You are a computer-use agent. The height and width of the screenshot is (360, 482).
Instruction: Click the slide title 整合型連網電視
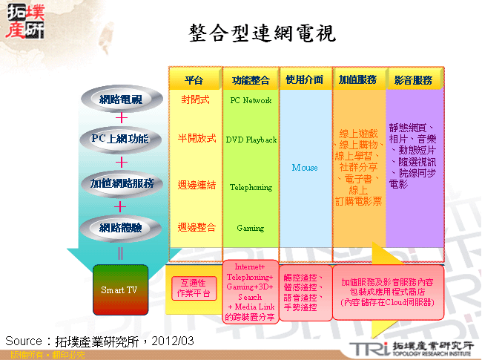tap(262, 33)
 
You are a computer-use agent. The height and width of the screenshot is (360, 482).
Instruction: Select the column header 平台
tap(194, 80)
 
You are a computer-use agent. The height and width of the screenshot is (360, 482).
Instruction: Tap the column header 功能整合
tap(250, 80)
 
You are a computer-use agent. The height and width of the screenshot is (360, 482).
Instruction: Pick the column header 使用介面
tap(305, 79)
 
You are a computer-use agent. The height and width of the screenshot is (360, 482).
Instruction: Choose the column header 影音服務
tap(413, 79)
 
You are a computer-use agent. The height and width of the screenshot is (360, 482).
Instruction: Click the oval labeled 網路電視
tap(120, 99)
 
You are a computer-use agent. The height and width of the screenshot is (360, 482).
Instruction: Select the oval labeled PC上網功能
tap(120, 139)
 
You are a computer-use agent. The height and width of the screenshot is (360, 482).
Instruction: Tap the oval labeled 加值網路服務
tap(120, 183)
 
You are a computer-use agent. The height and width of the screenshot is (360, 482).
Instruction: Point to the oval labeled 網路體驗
tap(120, 227)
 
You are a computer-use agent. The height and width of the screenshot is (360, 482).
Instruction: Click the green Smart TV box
tap(120, 289)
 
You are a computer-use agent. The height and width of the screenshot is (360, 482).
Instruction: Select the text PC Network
tap(251, 100)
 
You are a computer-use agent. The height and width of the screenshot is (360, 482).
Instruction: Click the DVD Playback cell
tap(251, 140)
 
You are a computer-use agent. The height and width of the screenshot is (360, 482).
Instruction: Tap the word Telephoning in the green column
tap(251, 188)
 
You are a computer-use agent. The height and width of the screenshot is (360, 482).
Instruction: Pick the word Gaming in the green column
tap(251, 229)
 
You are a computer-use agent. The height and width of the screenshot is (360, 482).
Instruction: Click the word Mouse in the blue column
tap(305, 168)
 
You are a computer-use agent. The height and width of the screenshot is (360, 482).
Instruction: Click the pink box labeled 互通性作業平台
tap(194, 289)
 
